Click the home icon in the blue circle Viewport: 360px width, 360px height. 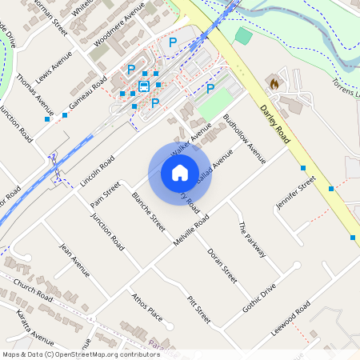180,173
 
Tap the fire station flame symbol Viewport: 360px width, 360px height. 274,82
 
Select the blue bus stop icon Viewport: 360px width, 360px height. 144,86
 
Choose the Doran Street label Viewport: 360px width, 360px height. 222,266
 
